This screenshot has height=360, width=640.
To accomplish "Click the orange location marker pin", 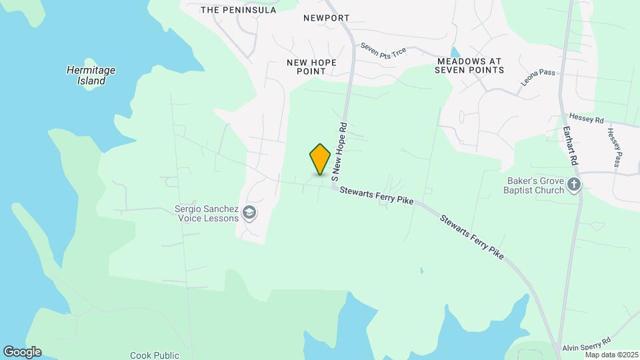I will click(321, 159).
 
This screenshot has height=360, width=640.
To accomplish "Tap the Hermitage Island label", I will click(91, 75).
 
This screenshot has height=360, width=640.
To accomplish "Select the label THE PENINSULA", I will click(238, 10).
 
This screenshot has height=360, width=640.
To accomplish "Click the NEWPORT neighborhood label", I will click(327, 18).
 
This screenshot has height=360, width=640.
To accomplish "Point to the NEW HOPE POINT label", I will click(311, 67).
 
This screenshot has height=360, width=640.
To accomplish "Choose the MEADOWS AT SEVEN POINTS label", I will click(471, 65).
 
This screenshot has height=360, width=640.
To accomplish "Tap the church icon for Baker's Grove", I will click(574, 185).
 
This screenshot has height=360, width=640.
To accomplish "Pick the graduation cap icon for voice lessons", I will click(249, 213).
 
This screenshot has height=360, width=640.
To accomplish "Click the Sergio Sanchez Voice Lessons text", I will click(207, 213).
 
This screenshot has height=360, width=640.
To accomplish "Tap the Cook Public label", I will click(155, 355).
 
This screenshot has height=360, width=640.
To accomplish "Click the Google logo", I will click(22, 352).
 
